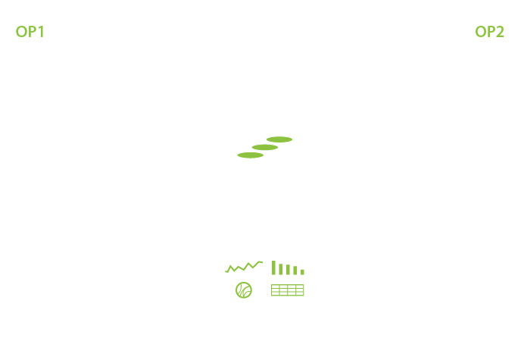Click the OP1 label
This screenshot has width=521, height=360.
(x=30, y=32)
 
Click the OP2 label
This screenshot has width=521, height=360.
(x=489, y=32)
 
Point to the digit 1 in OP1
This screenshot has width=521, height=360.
(x=41, y=32)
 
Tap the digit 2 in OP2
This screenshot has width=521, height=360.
(x=500, y=32)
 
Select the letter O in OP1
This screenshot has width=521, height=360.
(x=21, y=32)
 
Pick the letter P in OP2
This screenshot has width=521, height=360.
(x=490, y=32)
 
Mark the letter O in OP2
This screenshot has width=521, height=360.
(x=480, y=32)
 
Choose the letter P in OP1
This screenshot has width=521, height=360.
(x=32, y=32)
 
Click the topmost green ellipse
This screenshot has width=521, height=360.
(x=279, y=139)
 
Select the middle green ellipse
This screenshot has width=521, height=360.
(x=265, y=147)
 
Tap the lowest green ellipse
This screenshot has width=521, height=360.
(x=251, y=155)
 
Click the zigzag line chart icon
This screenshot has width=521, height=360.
(x=244, y=267)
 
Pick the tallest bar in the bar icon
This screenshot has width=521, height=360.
(x=273, y=268)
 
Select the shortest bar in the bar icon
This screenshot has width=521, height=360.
(x=302, y=271)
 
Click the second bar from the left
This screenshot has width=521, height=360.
(x=280, y=269)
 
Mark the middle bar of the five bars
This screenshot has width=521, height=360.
(x=288, y=270)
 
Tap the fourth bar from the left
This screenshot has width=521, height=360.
(x=295, y=271)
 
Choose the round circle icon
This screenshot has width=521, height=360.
(x=243, y=290)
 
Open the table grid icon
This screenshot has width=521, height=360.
(x=287, y=290)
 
